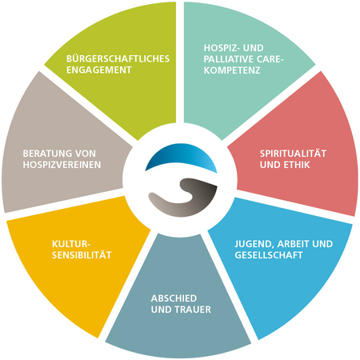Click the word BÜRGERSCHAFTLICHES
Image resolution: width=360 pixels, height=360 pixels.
[x=118, y=58]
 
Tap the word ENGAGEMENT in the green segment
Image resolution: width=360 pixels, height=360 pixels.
[x=99, y=70]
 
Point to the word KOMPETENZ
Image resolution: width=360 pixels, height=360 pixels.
[x=232, y=70]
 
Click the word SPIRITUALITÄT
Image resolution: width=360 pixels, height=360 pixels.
[x=293, y=154]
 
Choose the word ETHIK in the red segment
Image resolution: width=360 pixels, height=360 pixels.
[x=298, y=165]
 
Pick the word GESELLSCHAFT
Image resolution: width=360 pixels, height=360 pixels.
[x=269, y=255]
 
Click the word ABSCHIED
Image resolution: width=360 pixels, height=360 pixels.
[x=174, y=298]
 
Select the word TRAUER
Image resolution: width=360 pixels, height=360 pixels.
[x=193, y=310]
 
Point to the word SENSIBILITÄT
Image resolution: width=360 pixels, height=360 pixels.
[x=82, y=255]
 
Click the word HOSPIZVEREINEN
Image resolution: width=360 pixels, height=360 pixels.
[x=62, y=165]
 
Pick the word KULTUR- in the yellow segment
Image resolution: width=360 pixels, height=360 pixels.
[x=71, y=244]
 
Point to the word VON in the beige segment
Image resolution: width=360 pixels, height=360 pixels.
[x=86, y=154]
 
